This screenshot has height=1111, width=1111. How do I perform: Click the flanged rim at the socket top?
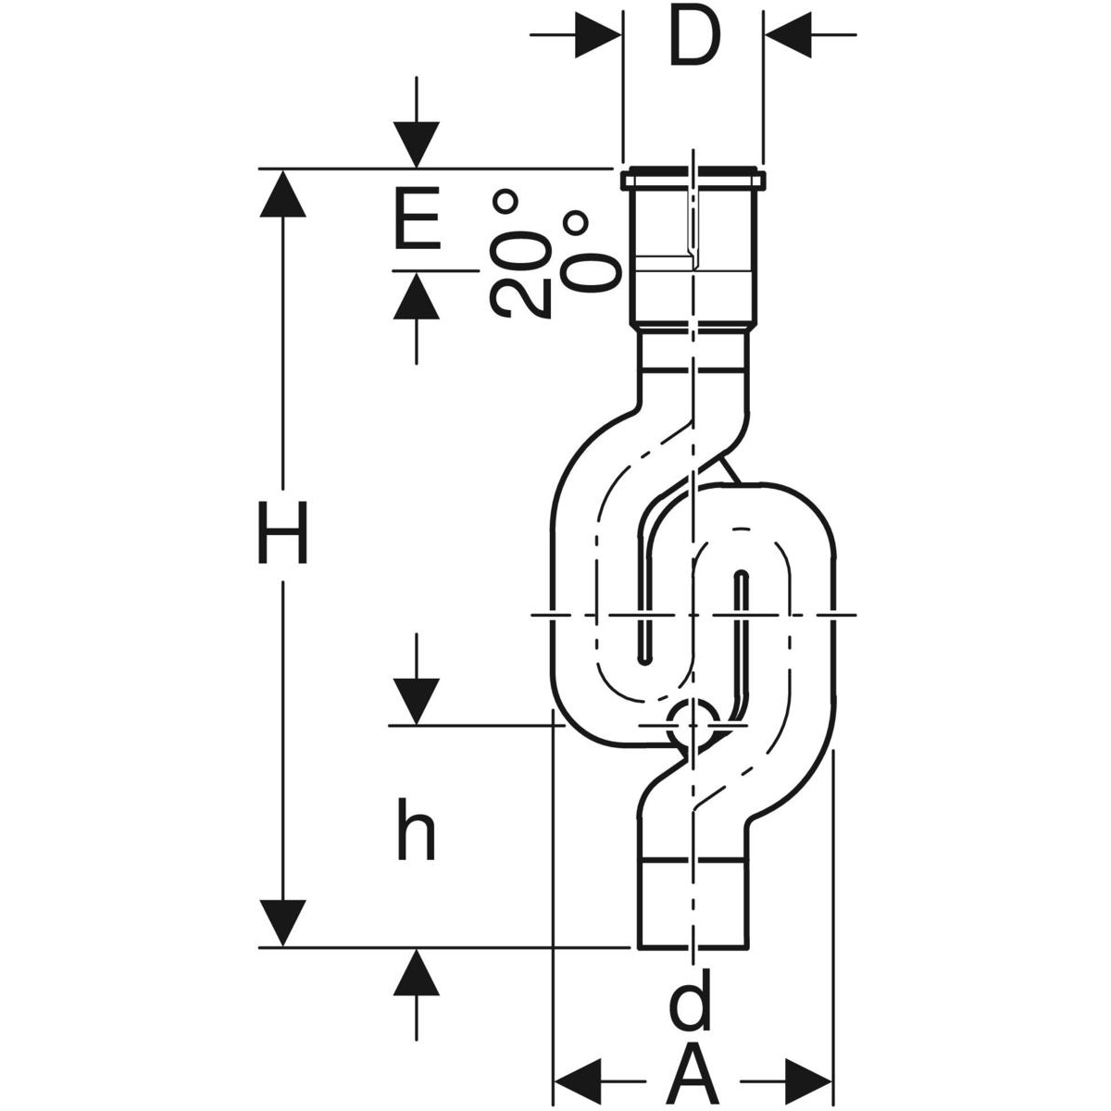coord(693,179)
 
